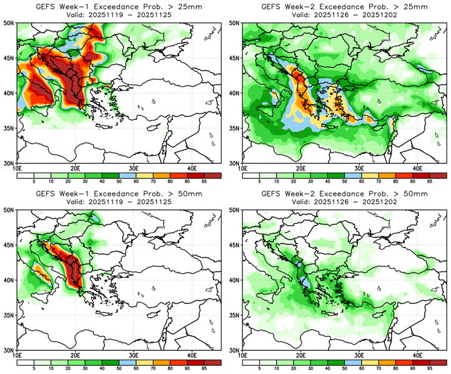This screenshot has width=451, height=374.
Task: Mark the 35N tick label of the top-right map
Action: (x=236, y=128)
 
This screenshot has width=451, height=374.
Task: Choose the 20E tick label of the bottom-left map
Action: (x=76, y=356)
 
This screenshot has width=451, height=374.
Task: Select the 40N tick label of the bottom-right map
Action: (x=236, y=280)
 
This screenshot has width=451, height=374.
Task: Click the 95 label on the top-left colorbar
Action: (x=204, y=181)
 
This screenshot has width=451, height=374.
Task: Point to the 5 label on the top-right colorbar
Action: (x=259, y=181)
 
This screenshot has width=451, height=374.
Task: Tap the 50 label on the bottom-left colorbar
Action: (x=118, y=368)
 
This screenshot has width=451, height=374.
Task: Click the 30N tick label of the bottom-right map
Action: (x=236, y=350)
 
